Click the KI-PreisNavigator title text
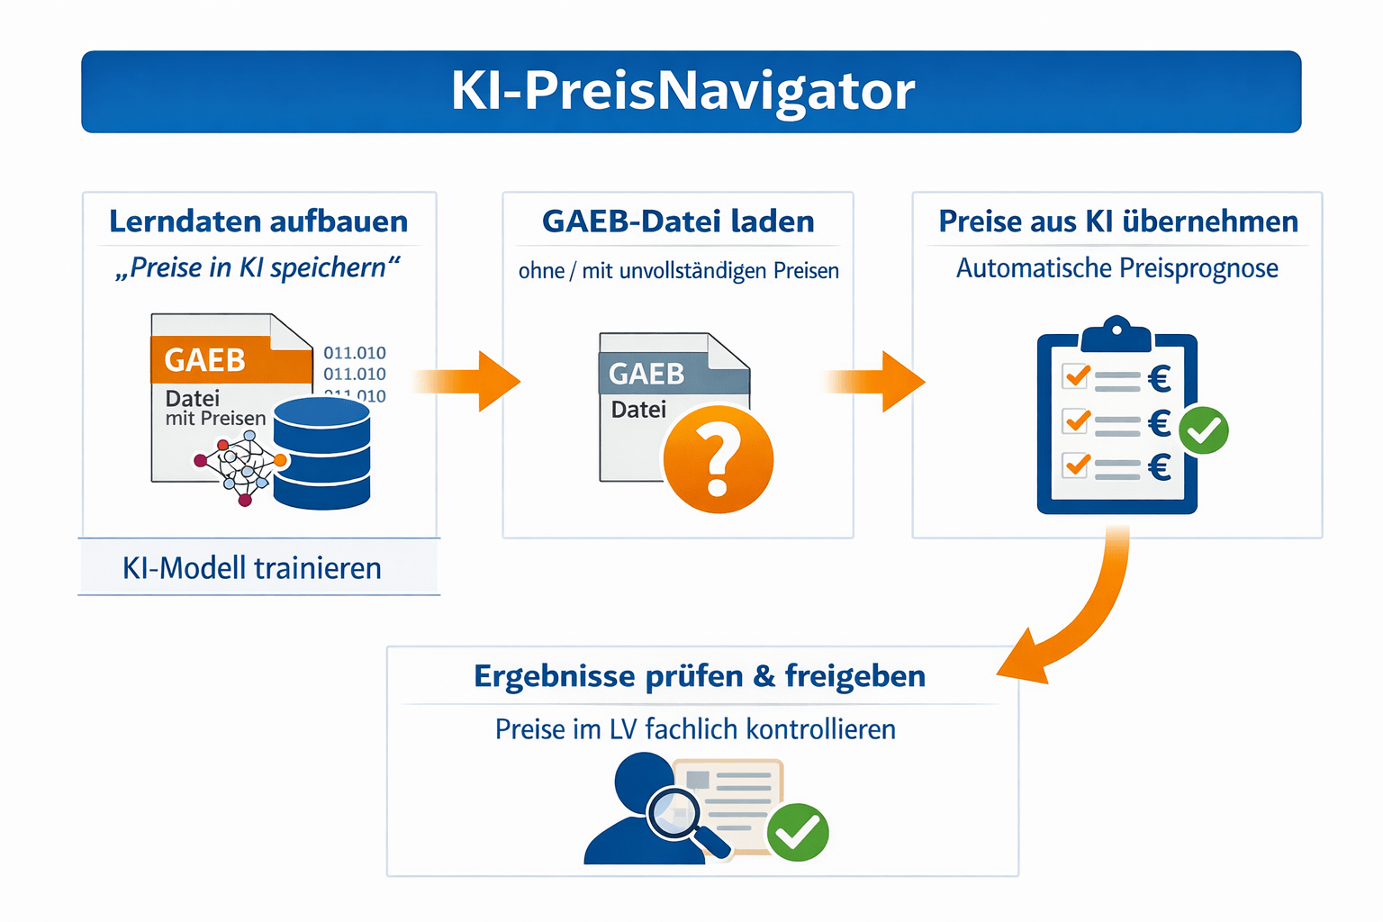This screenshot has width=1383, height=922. [x=682, y=91]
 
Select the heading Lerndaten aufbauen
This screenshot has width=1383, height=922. [x=258, y=221]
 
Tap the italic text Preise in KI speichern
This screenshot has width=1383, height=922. [x=258, y=268]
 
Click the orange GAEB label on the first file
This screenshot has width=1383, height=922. [x=205, y=360]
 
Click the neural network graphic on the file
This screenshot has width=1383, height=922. [x=240, y=466]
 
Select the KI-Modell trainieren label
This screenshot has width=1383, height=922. [x=252, y=568]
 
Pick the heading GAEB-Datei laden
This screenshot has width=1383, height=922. [x=678, y=221]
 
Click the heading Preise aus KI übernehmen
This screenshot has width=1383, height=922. [x=1118, y=221]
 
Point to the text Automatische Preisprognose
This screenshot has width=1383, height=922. [x=1116, y=268]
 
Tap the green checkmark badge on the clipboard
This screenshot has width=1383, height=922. [x=1204, y=430]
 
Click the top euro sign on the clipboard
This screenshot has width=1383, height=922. [x=1160, y=378]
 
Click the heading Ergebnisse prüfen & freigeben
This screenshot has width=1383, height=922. [x=700, y=676]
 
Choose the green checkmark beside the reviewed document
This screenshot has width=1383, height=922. [x=798, y=832]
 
